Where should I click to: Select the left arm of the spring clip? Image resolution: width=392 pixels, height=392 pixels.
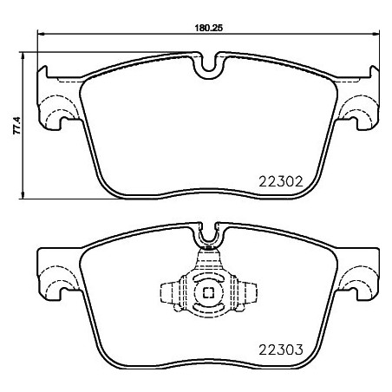click(x=172, y=293)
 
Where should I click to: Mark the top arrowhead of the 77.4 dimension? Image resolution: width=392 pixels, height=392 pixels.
click(x=23, y=56)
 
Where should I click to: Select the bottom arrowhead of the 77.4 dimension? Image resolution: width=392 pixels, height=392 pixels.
click(x=23, y=196)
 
